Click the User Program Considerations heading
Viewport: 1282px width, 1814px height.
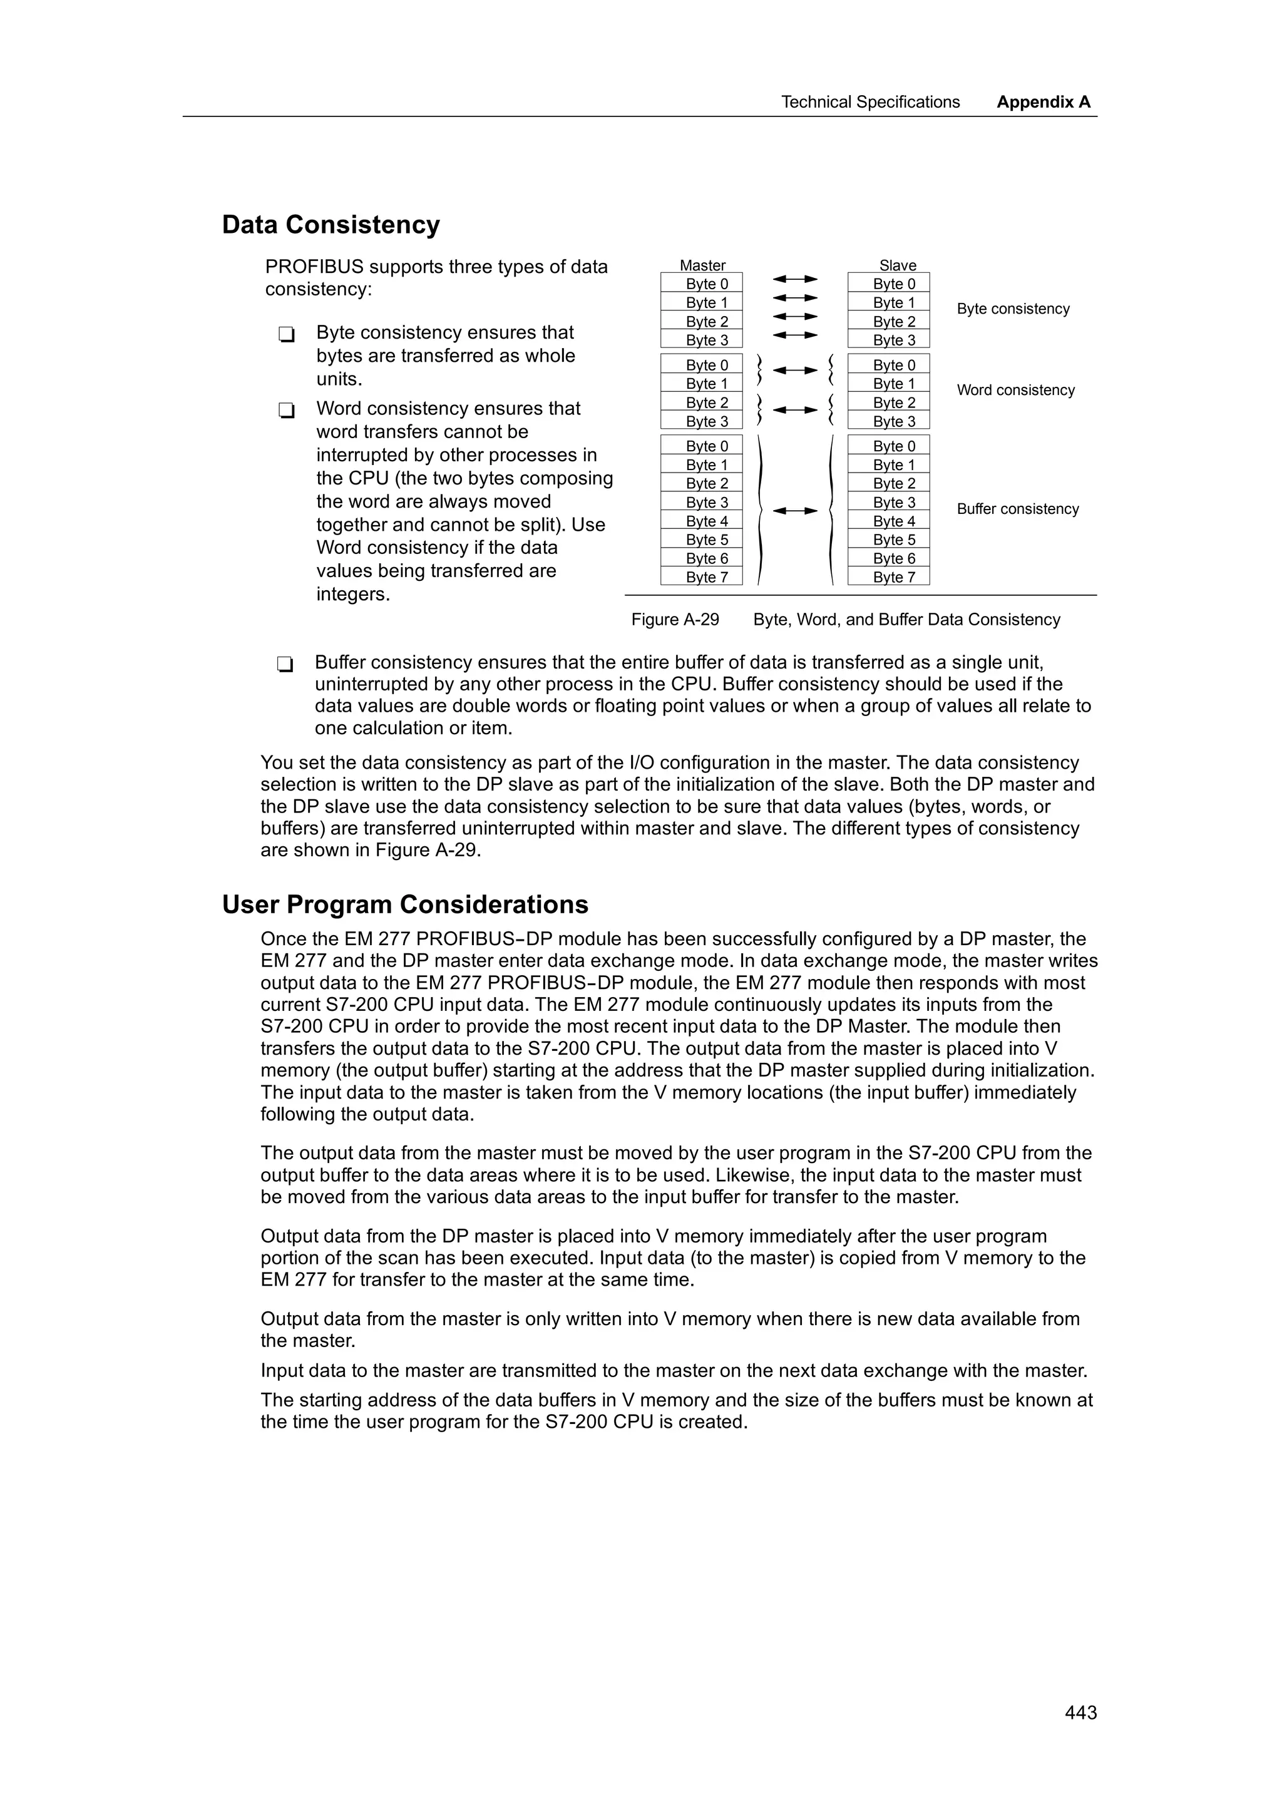point(404,904)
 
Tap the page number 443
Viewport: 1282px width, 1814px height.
point(1080,1713)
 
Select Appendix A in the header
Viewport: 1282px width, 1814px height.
point(1043,102)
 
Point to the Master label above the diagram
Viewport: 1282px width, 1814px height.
point(702,265)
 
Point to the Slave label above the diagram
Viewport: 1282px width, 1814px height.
point(897,265)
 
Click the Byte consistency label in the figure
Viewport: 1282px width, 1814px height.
point(1013,309)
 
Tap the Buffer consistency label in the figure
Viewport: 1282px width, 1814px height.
point(1017,509)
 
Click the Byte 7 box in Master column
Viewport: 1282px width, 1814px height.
point(702,576)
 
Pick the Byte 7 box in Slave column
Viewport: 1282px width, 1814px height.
point(889,576)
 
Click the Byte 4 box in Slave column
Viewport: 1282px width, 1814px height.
point(889,521)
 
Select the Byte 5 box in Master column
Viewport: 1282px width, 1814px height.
point(702,540)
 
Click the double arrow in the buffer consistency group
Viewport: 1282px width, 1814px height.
point(794,511)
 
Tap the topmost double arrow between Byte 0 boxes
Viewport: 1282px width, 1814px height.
point(794,279)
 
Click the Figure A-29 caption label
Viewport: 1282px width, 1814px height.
point(675,620)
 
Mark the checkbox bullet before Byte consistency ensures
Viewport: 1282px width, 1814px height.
point(286,335)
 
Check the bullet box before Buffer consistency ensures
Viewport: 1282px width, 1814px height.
point(285,665)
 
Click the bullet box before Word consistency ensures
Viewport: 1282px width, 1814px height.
point(286,411)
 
